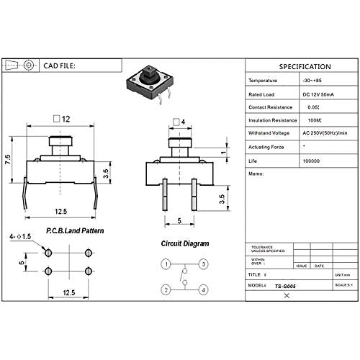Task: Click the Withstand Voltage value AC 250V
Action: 323,133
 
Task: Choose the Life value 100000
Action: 311,160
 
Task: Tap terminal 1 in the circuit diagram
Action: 166,264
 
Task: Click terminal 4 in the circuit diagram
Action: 204,290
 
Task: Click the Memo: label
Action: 256,174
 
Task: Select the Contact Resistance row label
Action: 270,106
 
